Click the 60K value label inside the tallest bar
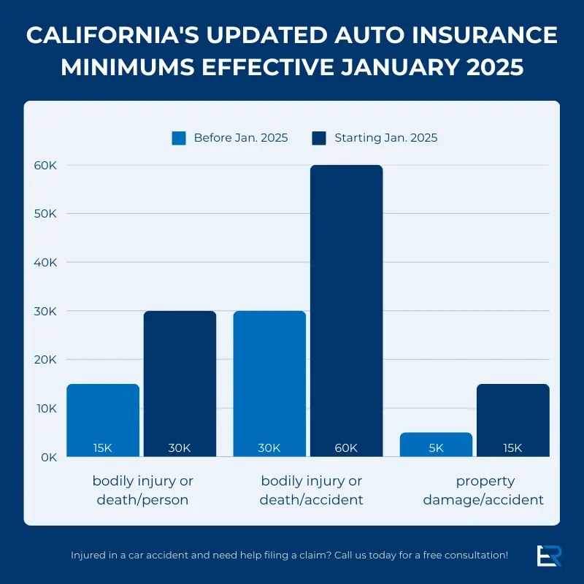[346, 447]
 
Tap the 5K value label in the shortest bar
[436, 447]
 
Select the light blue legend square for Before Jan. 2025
[179, 138]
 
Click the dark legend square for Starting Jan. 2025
[319, 138]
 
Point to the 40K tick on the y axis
[45, 262]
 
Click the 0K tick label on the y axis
[49, 457]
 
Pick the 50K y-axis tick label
[45, 214]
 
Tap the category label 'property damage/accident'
[485, 491]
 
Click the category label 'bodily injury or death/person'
[142, 491]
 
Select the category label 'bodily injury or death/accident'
[312, 491]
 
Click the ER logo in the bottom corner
[548, 555]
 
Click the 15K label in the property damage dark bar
[512, 447]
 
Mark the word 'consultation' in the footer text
[475, 555]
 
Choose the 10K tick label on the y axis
[46, 408]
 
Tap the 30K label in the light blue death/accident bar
[269, 447]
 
